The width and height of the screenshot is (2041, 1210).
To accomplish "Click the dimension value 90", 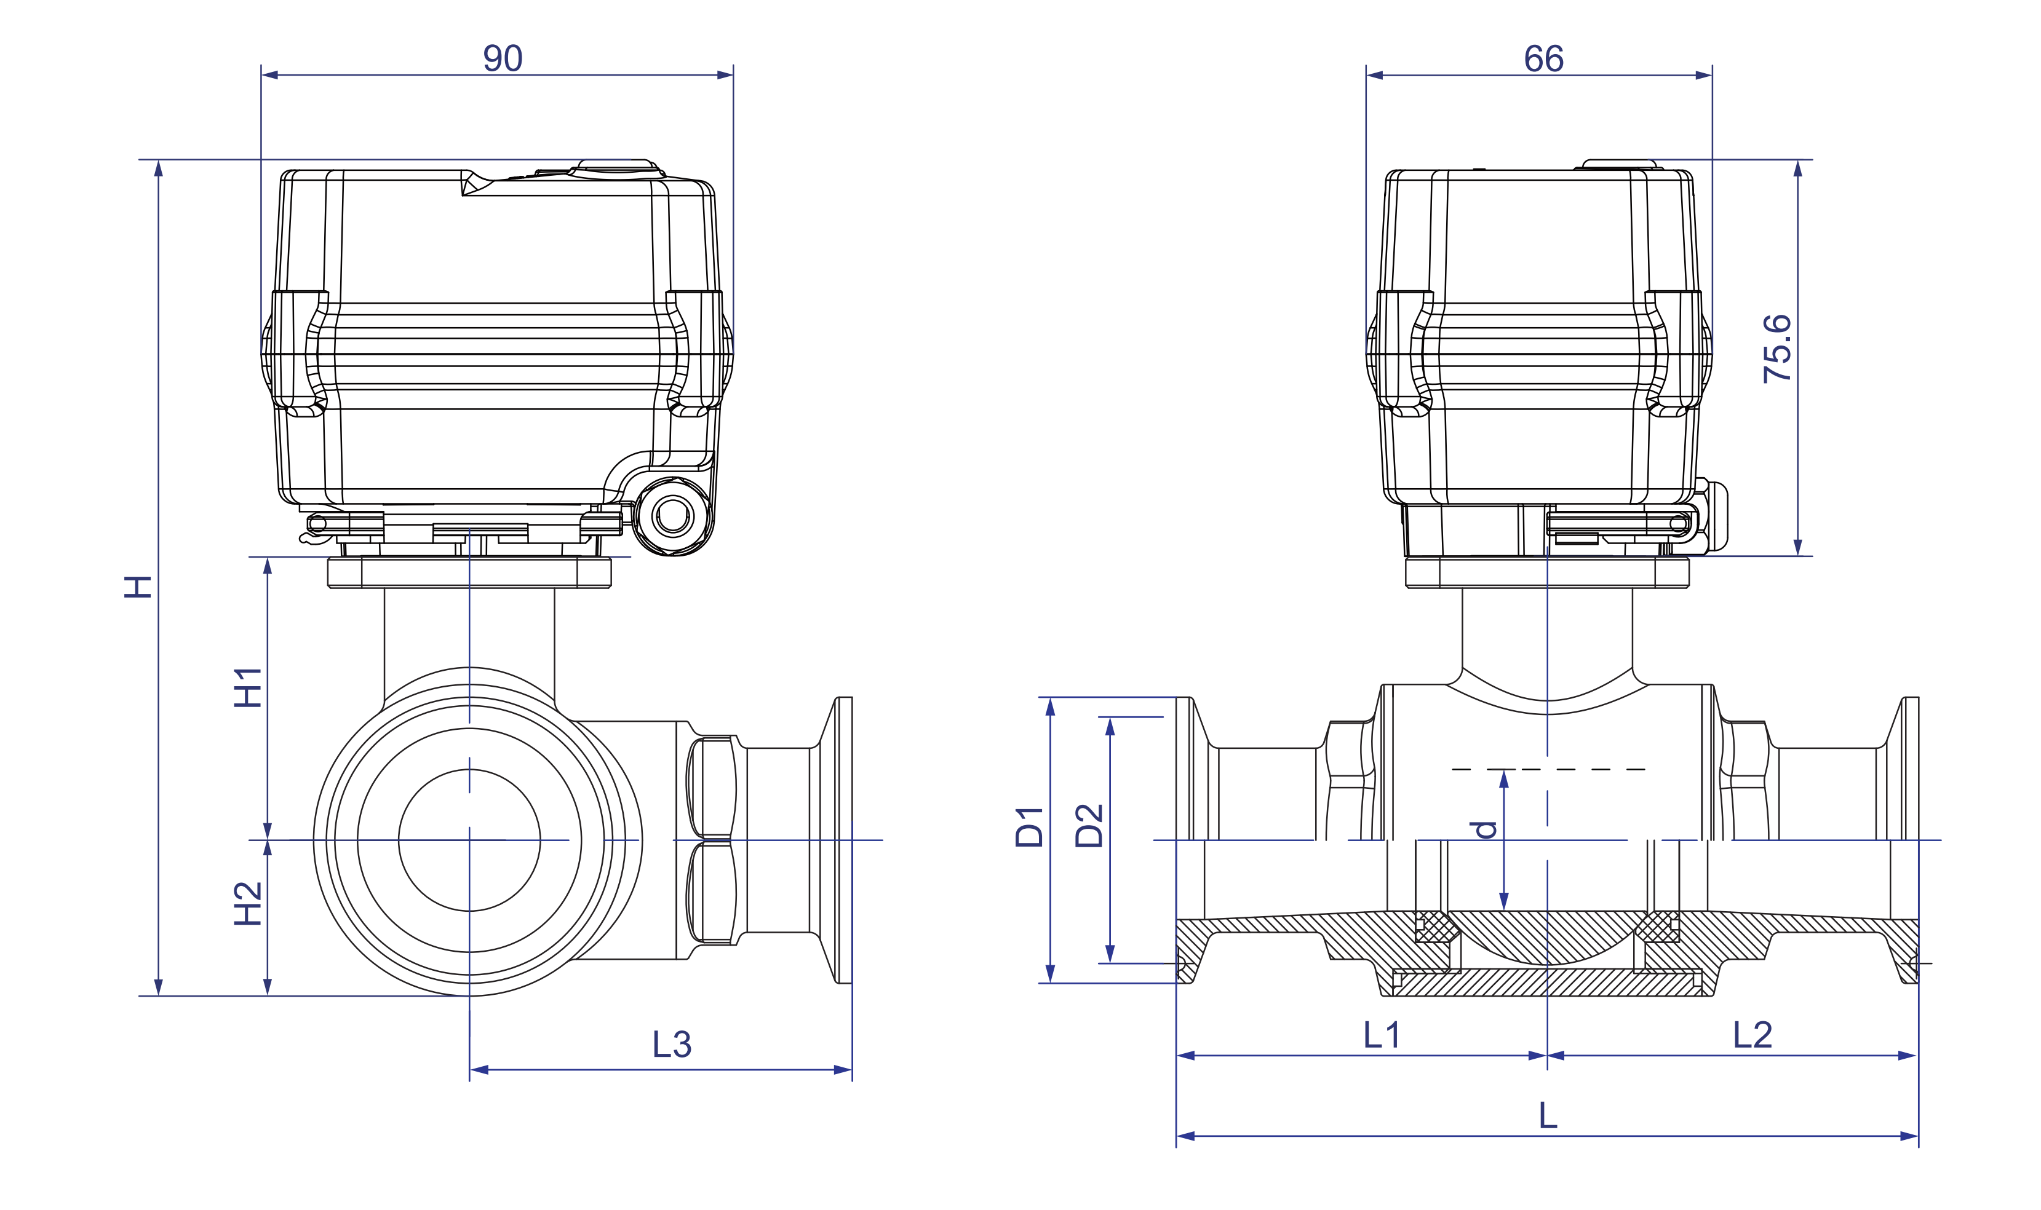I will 503,58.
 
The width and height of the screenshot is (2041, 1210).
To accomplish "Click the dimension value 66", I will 1543,58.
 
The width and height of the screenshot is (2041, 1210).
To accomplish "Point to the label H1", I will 248,687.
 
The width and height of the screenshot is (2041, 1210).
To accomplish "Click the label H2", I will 248,903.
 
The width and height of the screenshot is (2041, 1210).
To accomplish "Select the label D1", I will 1030,827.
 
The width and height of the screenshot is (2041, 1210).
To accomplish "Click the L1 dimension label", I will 1382,1035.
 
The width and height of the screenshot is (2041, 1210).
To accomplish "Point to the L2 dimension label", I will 1753,1035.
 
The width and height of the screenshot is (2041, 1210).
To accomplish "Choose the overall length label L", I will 1548,1115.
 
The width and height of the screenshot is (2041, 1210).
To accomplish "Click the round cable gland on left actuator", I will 672,515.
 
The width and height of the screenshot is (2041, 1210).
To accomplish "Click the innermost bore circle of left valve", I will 469,840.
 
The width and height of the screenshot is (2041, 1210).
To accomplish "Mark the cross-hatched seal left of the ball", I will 1435,927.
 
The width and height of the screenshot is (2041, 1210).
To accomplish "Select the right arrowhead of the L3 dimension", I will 843,1070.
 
